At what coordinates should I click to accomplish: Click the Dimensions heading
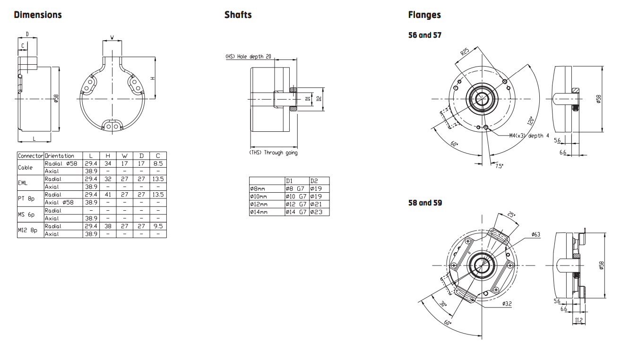(38, 15)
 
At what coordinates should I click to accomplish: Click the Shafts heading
(238, 15)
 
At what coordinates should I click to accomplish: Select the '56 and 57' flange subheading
(425, 35)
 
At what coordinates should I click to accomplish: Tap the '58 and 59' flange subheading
(425, 203)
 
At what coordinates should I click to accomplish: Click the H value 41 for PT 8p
(108, 195)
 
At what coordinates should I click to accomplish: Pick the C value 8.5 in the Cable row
(158, 163)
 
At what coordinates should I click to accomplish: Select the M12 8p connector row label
(27, 230)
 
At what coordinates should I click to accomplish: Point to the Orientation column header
(60, 156)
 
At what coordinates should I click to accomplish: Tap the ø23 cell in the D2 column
(316, 212)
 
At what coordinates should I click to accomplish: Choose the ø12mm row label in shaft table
(259, 204)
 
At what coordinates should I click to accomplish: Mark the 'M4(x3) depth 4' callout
(529, 136)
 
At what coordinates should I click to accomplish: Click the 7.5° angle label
(499, 166)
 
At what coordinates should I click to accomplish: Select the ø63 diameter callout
(535, 234)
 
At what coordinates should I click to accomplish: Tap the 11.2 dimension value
(578, 320)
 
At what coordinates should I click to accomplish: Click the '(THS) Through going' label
(274, 153)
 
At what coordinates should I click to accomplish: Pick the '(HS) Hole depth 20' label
(248, 57)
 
